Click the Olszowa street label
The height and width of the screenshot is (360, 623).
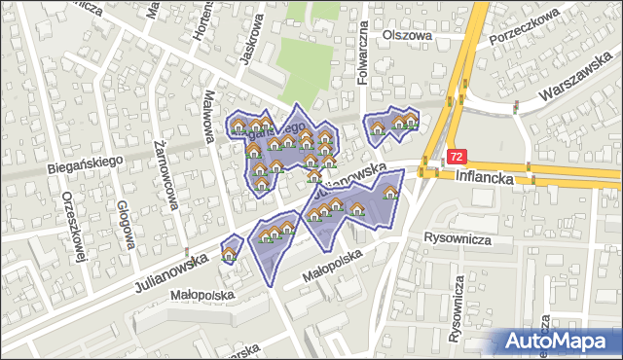click(407, 35)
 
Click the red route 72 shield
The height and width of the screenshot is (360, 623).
click(458, 156)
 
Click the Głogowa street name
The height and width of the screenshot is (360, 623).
click(124, 225)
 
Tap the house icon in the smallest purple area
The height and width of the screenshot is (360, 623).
click(231, 252)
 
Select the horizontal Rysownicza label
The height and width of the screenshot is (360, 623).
click(460, 237)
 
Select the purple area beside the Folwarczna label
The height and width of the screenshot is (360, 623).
click(390, 124)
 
